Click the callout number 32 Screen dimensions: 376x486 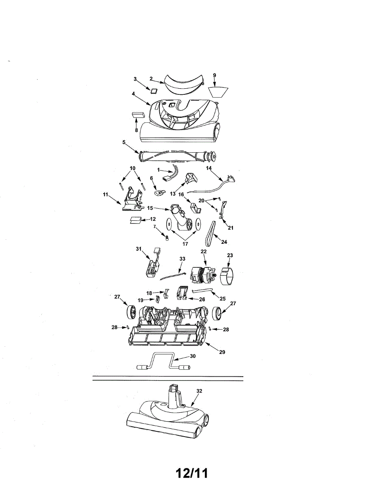click(x=199, y=391)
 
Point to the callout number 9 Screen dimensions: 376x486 click(x=215, y=75)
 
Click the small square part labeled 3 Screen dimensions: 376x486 click(x=154, y=90)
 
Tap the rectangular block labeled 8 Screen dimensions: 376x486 click(x=138, y=115)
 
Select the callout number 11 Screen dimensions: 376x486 click(x=105, y=194)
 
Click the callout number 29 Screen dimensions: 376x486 click(x=222, y=352)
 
